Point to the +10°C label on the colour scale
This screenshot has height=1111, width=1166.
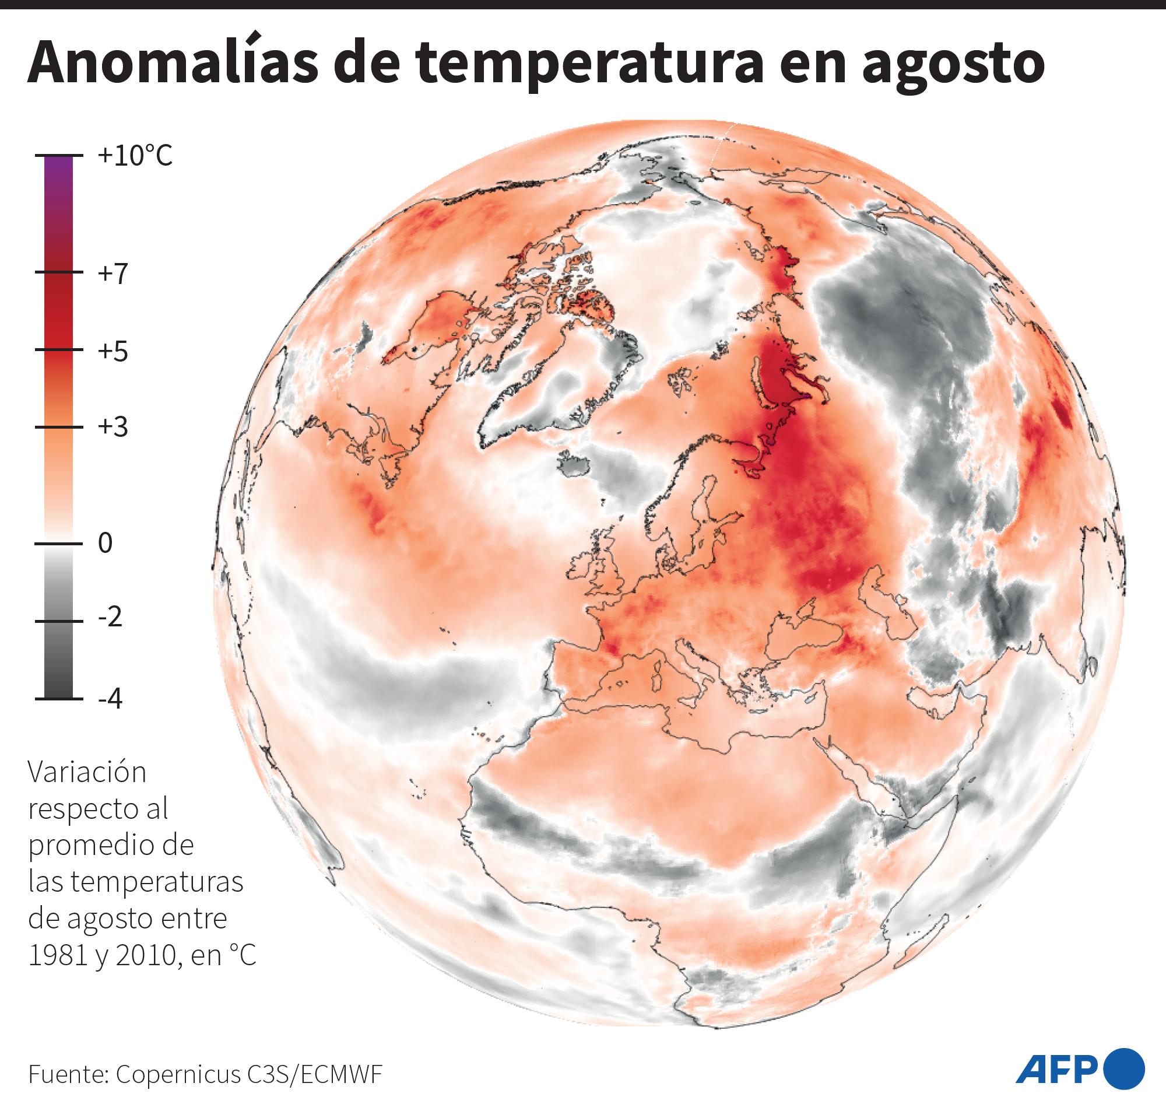click(135, 156)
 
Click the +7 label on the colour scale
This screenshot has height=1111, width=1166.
click(113, 274)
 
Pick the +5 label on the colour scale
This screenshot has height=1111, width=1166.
click(113, 351)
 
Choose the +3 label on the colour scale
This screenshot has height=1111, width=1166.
click(113, 427)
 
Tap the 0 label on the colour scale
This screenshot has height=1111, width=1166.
click(105, 543)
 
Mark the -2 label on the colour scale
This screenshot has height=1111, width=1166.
click(110, 618)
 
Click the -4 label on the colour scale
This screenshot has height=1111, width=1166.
click(110, 699)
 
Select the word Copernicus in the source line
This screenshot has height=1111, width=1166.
click(178, 1074)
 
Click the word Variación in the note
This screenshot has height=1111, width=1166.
click(87, 772)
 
